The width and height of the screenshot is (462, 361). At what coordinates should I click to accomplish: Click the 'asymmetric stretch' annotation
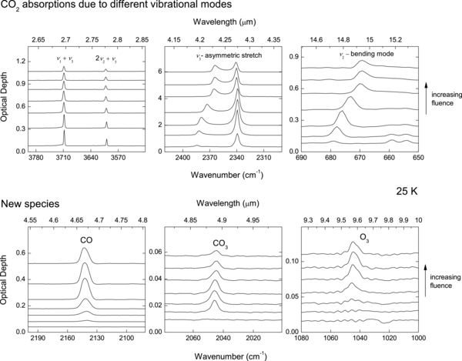click(x=228, y=57)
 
